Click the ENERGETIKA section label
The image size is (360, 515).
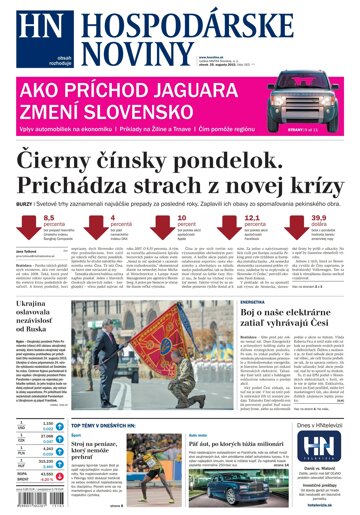pyautogui.click(x=224, y=301)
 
